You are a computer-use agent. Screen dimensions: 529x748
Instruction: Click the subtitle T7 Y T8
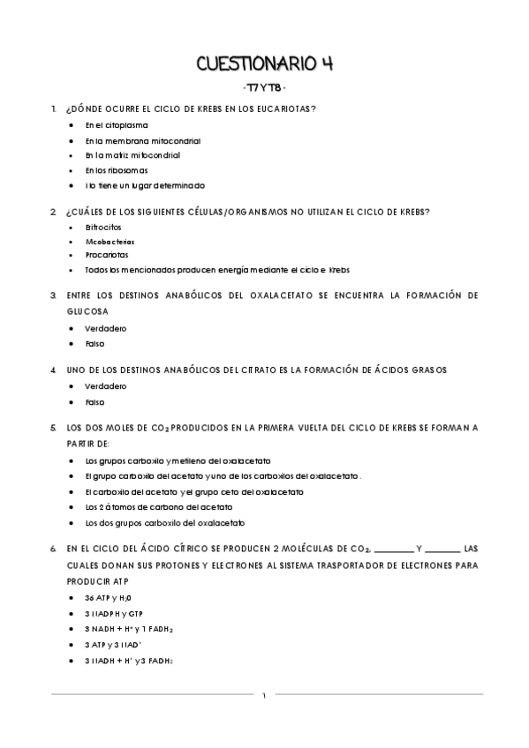[x=264, y=89]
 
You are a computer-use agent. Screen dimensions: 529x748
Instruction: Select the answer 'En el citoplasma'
[x=116, y=125]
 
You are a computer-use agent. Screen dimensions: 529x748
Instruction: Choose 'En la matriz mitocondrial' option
[x=132, y=155]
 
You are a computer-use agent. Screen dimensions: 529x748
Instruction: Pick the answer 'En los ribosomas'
[x=116, y=170]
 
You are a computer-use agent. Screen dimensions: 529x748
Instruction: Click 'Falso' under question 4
[x=94, y=401]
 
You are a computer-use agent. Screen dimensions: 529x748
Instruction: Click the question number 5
[x=54, y=428]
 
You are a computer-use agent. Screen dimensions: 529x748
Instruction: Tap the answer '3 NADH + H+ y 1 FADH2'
[x=129, y=629]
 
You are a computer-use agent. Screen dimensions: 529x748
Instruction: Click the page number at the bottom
[x=264, y=697]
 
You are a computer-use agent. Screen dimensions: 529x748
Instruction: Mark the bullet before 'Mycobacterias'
[x=71, y=241]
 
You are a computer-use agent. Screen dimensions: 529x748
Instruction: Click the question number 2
[x=54, y=211]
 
